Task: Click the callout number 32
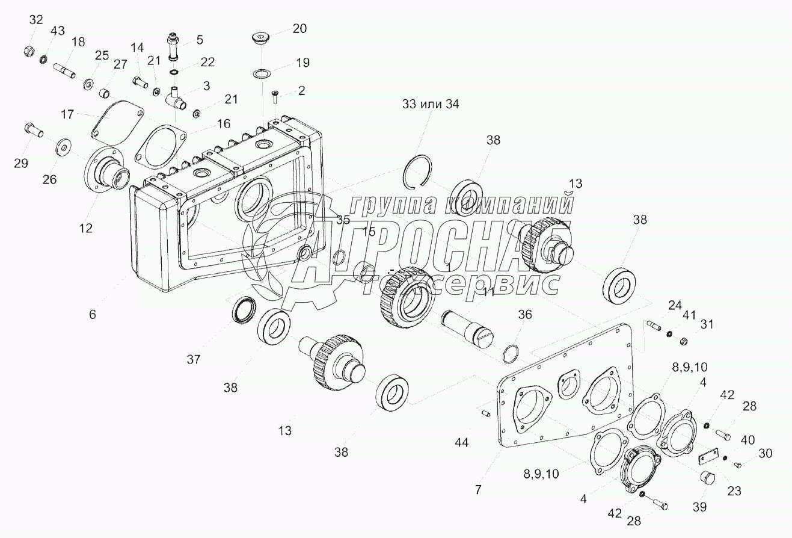36,19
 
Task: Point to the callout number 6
92,314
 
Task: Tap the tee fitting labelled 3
177,97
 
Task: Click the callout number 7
478,490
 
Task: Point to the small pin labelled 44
485,413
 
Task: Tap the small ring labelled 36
509,354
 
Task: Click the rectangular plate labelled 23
708,459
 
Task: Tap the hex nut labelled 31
683,341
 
